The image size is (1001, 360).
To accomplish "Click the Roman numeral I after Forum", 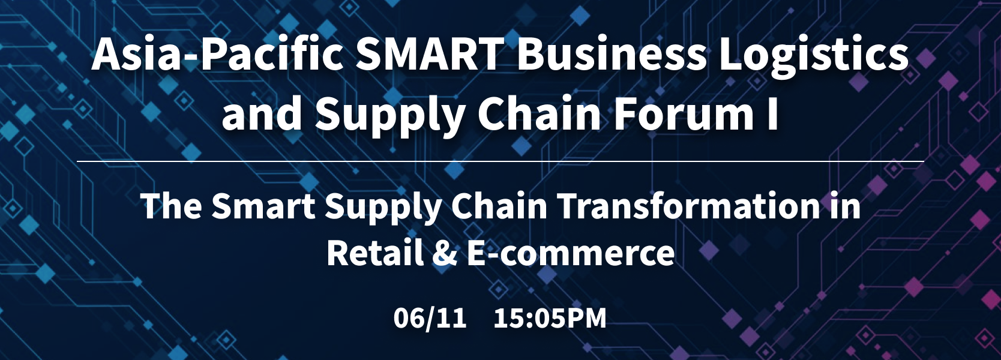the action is [773, 113].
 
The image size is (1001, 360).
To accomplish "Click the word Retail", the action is [374, 253].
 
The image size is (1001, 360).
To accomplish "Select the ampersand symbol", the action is [444, 253].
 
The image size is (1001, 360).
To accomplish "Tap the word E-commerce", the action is [571, 253].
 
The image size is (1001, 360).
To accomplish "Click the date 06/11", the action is [430, 318].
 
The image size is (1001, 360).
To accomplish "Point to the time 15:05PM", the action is [550, 318].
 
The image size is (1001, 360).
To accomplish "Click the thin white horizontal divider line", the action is [500, 161].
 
